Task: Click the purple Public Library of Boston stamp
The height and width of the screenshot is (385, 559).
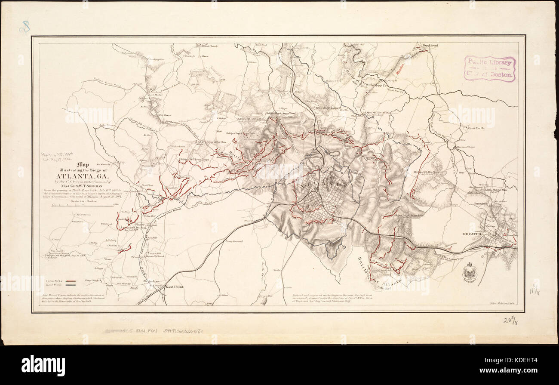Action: pos(489,68)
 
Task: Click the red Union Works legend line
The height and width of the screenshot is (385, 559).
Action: pos(71,280)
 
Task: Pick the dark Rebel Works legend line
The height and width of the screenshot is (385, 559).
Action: pos(71,284)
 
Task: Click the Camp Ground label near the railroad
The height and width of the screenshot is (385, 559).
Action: pos(233,241)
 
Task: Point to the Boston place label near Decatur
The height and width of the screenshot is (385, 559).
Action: pos(480,203)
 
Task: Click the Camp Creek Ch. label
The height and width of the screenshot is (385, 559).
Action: pos(92,280)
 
